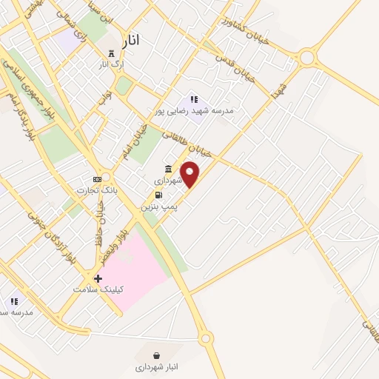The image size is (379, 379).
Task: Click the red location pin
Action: click(x=190, y=175)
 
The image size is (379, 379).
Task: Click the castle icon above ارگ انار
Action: click(x=112, y=53)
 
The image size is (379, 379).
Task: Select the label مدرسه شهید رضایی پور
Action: click(x=193, y=110)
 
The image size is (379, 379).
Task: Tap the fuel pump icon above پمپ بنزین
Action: click(x=158, y=195)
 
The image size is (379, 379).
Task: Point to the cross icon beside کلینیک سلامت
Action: click(x=98, y=278)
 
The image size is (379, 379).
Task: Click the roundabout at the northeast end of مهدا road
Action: click(x=307, y=56)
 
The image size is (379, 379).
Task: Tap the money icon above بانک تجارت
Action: click(x=97, y=179)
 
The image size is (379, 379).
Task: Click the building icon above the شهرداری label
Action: click(x=170, y=168)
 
